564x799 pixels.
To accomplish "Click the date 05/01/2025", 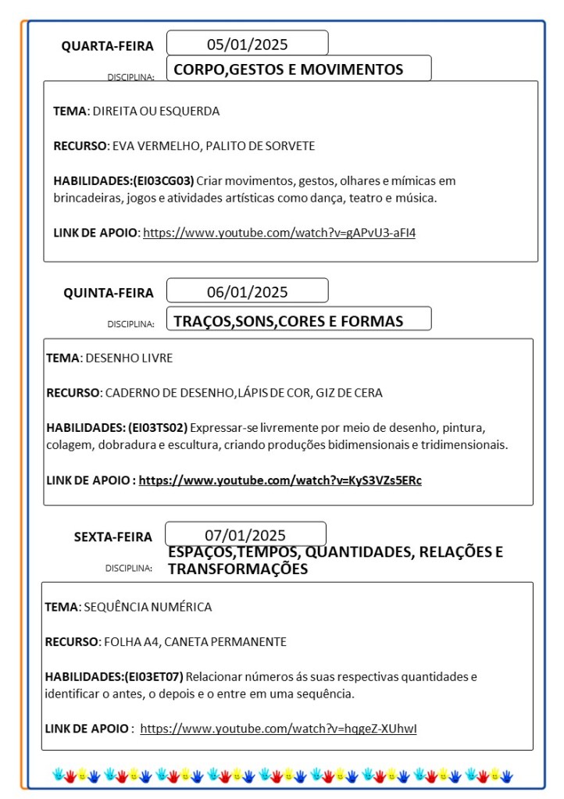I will coord(247,44).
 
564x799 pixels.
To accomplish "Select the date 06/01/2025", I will coord(247,292).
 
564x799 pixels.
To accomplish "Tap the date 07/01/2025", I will coord(245,535).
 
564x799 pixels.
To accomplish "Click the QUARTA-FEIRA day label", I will coord(108,46).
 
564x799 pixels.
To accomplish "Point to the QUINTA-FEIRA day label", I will coord(109,293).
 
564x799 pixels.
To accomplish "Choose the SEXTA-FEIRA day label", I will coord(113,537).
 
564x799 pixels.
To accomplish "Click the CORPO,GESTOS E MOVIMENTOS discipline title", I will coord(288,70).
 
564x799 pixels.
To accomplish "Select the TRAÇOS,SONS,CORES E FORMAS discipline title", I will coord(288,321).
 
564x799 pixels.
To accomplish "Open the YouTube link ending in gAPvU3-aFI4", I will coord(279,232).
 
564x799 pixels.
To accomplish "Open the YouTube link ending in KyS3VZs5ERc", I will coord(280,480).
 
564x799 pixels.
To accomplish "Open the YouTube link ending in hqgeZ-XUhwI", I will coord(278,729).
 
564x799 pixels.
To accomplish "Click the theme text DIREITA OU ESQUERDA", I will coord(156,111).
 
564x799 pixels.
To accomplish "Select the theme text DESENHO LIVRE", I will coord(129,358).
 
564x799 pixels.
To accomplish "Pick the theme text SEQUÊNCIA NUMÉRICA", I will coord(148,607).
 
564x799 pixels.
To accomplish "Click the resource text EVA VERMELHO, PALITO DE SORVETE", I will coord(213,146).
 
